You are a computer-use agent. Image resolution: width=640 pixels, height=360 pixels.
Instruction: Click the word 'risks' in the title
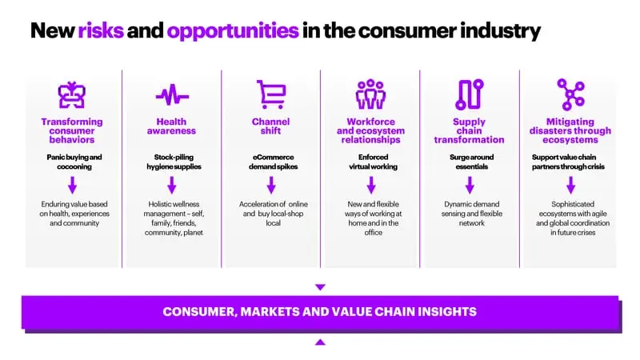pyautogui.click(x=101, y=30)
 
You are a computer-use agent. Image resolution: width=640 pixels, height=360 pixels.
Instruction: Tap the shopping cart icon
pyautogui.click(x=271, y=94)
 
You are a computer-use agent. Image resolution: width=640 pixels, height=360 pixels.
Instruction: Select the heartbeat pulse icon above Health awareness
pyautogui.click(x=172, y=94)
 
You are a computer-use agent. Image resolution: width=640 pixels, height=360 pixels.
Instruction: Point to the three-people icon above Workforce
pyautogui.click(x=370, y=94)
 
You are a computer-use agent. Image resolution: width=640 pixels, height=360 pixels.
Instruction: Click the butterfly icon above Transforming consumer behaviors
pyautogui.click(x=72, y=94)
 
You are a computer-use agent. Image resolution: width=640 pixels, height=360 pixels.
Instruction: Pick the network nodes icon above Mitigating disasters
pyautogui.click(x=571, y=94)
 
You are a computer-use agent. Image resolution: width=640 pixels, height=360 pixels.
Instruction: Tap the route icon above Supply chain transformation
pyautogui.click(x=470, y=94)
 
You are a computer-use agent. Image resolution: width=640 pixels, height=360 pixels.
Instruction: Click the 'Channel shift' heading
pyautogui.click(x=270, y=126)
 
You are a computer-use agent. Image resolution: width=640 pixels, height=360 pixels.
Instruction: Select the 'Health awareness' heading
pyautogui.click(x=171, y=126)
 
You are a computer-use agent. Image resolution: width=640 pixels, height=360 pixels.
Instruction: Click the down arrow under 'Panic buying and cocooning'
pyautogui.click(x=73, y=185)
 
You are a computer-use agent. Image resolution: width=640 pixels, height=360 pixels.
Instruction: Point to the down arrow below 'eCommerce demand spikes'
pyautogui.click(x=271, y=185)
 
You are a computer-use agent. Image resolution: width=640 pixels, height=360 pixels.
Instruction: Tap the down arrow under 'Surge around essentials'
pyautogui.click(x=470, y=185)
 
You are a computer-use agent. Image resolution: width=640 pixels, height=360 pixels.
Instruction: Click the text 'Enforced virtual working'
pyautogui.click(x=373, y=162)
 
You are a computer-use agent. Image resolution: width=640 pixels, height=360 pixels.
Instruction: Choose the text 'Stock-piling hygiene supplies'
pyautogui.click(x=174, y=162)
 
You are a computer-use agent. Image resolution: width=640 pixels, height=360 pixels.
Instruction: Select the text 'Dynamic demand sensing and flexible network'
pyautogui.click(x=472, y=214)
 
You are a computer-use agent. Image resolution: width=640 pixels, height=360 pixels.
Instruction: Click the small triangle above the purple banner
pyautogui.click(x=321, y=287)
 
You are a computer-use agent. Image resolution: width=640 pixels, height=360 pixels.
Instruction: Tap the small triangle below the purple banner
pyautogui.click(x=321, y=342)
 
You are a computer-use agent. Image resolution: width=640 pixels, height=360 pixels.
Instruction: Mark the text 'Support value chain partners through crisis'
pyautogui.click(x=568, y=162)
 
